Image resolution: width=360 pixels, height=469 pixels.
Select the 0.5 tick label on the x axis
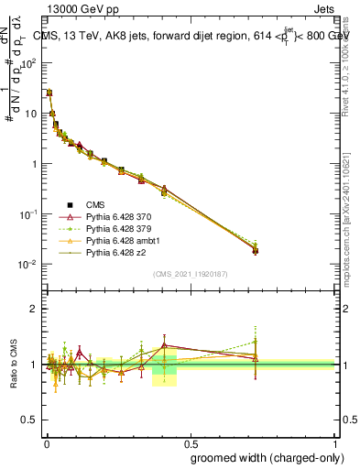[191, 441]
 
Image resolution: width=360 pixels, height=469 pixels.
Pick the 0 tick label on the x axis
[45, 441]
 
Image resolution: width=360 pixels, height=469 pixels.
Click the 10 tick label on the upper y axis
[29, 114]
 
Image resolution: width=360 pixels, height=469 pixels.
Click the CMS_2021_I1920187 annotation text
[191, 273]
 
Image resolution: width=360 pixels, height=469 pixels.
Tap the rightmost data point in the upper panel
[256, 249]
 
